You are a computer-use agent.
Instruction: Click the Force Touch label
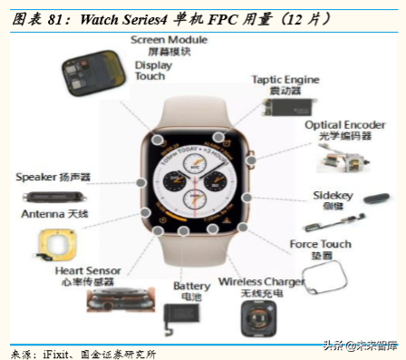point(320,245)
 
